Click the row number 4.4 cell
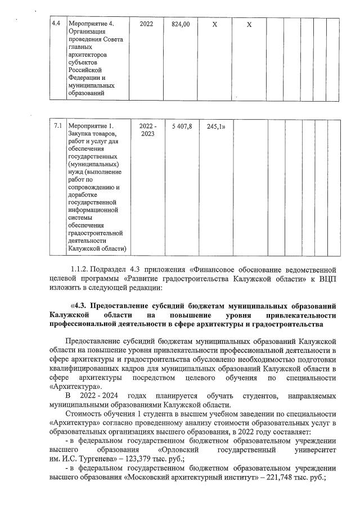tap(56, 24)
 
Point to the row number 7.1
tap(57, 126)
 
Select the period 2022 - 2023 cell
tap(147, 130)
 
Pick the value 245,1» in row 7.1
tap(216, 126)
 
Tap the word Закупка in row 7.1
tap(80, 134)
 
